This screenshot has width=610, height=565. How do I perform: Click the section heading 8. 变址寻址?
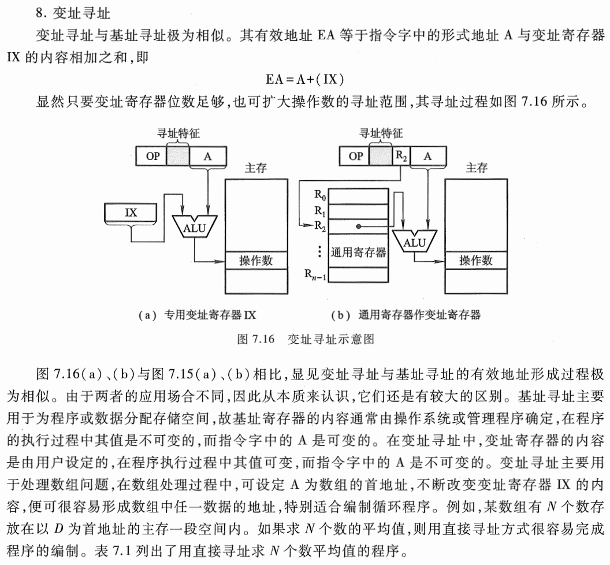(x=69, y=11)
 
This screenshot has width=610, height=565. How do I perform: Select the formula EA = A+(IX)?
(x=306, y=79)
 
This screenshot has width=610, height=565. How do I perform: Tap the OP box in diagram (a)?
(x=151, y=156)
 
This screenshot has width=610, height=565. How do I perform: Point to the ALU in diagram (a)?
(x=194, y=227)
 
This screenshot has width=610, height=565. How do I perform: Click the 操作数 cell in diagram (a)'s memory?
(x=256, y=261)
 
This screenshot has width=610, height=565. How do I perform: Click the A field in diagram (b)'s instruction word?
(x=427, y=156)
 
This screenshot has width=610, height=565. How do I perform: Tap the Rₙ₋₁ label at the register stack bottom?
(x=315, y=273)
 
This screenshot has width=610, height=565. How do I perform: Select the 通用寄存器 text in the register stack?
(x=358, y=252)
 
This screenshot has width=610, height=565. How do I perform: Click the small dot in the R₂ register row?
(x=358, y=227)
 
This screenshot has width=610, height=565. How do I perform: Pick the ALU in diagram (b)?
(x=414, y=242)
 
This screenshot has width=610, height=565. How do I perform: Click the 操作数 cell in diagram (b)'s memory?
(x=475, y=261)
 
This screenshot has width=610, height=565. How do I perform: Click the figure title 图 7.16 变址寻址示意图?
(x=306, y=339)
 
